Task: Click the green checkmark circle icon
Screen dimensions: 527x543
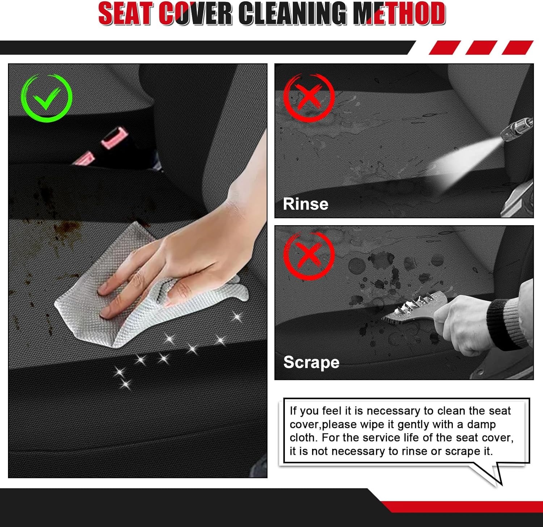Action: [46, 98]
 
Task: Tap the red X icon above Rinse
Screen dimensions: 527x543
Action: [308, 97]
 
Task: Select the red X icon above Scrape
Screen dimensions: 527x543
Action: [308, 256]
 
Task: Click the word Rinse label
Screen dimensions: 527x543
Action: [306, 204]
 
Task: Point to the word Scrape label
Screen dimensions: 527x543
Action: [311, 362]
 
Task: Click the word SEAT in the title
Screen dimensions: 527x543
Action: [125, 14]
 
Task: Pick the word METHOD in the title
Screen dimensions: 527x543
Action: [399, 14]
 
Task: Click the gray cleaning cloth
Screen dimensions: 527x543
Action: [109, 311]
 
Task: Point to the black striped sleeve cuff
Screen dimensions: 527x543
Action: [503, 324]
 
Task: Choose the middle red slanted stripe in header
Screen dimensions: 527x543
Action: [481, 48]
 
